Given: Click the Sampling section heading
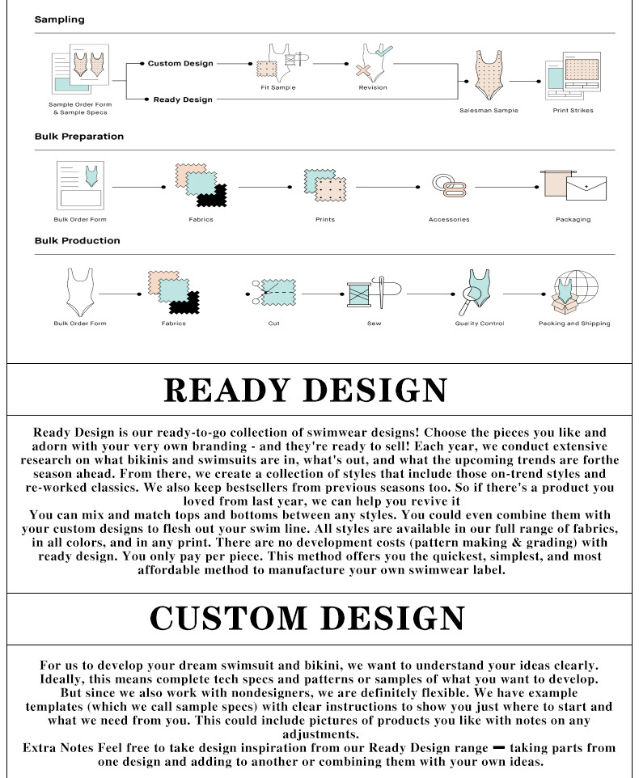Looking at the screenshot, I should click(59, 19).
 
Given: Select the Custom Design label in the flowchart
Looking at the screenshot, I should click(180, 63).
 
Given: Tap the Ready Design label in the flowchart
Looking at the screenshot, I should click(183, 99).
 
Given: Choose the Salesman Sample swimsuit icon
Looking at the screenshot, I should click(489, 78).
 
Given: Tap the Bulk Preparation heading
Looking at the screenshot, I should click(79, 136).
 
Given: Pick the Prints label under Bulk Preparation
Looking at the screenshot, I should click(324, 219).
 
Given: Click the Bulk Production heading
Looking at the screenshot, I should click(77, 240).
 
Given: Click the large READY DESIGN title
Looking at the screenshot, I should click(306, 390).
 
